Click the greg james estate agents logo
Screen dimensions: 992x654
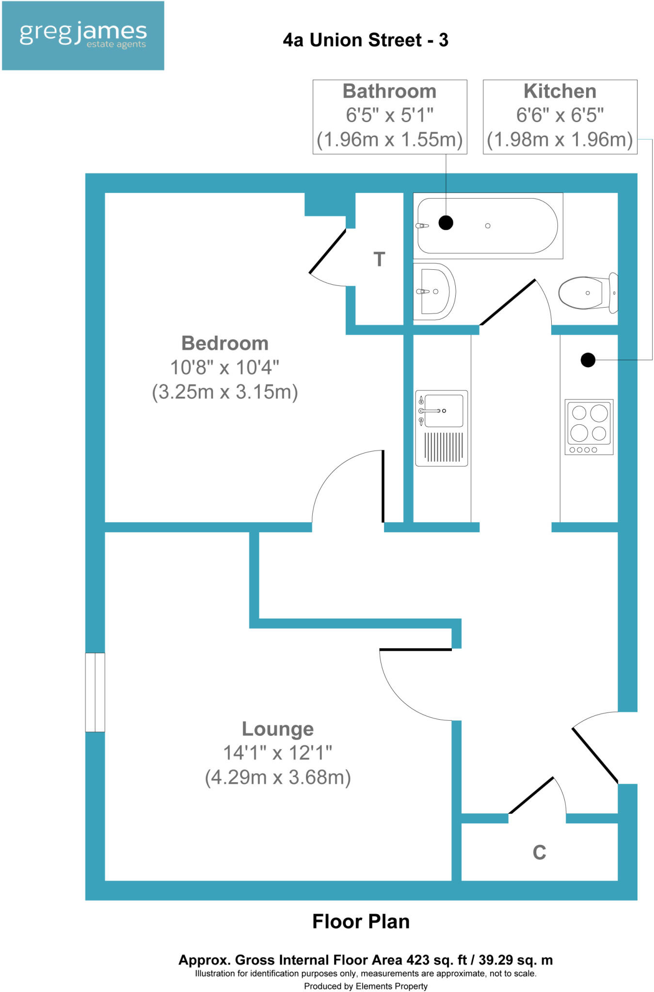coord(83,36)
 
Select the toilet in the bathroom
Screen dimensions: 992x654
coord(587,293)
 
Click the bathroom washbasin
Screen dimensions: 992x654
coord(434,292)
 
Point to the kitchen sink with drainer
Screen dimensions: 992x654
coord(441,428)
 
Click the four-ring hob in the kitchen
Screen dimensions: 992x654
coord(589,427)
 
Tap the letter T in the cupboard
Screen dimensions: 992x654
coord(379,260)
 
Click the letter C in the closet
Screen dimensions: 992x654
coord(539,852)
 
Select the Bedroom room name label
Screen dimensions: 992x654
coord(225,343)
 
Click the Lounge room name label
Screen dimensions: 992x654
coord(278,729)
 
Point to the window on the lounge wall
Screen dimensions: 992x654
coord(95,692)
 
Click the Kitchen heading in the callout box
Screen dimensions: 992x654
coord(560,92)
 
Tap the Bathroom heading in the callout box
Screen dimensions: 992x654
coord(390,92)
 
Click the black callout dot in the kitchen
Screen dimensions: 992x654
coord(588,360)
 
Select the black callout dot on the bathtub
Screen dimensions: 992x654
coord(446,223)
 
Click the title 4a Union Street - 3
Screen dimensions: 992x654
coord(366,40)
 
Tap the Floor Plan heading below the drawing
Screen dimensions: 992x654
coord(361,922)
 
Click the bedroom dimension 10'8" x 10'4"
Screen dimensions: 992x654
coord(225,368)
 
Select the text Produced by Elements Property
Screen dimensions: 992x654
coord(366,986)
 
